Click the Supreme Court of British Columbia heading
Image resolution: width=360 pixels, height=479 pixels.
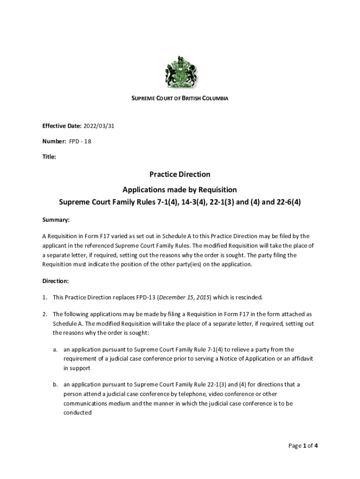[x=180, y=99]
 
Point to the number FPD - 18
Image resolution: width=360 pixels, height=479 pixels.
[x=80, y=141]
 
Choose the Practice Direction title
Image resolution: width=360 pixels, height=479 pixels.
[x=180, y=174]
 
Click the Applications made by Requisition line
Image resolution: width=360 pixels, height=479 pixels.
[x=180, y=190]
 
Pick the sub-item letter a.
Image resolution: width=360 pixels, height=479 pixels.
[x=55, y=349]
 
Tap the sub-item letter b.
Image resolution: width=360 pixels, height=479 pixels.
[x=55, y=385]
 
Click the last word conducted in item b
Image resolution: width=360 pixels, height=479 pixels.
[x=78, y=413]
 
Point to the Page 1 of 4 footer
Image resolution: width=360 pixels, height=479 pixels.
[x=303, y=446]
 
